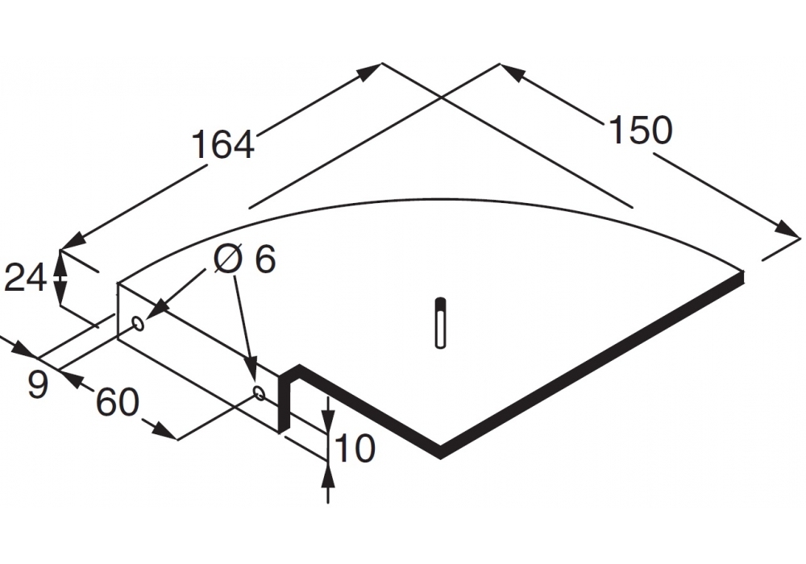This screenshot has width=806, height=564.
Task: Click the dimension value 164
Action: (x=223, y=144)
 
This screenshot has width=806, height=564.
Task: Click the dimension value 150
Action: (x=640, y=130)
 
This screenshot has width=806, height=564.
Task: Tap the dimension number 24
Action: (x=25, y=277)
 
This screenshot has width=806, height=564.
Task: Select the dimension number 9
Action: (x=38, y=384)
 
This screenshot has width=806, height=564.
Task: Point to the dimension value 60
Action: (x=117, y=402)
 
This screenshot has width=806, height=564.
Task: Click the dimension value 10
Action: (x=355, y=448)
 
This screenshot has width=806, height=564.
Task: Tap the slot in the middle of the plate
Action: (x=440, y=323)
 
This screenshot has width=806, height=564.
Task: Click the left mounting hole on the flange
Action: (x=139, y=324)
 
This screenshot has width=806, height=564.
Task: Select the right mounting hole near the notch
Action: (x=260, y=393)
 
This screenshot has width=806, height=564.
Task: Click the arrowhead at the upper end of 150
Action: (x=513, y=73)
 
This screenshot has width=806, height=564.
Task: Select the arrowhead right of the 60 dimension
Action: (x=165, y=430)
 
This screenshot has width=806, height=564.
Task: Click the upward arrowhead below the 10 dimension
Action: (x=328, y=475)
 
